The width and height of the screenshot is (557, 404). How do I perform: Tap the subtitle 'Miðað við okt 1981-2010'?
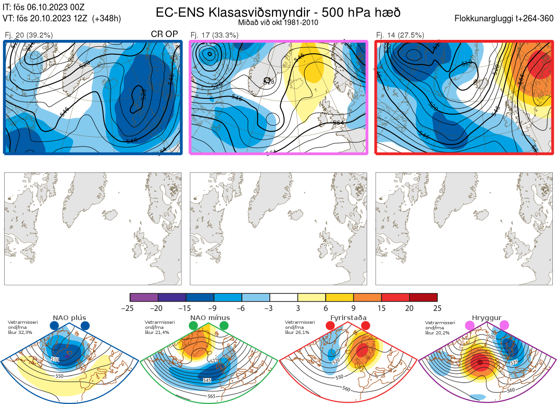tap(278, 23)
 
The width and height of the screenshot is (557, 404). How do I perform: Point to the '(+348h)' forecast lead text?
tap(107, 19)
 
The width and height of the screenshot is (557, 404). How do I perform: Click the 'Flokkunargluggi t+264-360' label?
tap(505, 19)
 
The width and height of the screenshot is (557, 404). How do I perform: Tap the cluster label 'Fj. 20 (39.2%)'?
tap(29, 35)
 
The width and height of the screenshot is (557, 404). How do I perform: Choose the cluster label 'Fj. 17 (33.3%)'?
tap(214, 35)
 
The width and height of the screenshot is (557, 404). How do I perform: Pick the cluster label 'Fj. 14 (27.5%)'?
tap(400, 35)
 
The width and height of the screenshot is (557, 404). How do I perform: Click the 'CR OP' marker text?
tap(165, 34)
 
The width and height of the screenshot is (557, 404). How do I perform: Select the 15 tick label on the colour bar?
tap(382, 308)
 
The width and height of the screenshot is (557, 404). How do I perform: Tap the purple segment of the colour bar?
tap(144, 297)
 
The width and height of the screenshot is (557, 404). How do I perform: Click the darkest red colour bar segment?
tap(423, 297)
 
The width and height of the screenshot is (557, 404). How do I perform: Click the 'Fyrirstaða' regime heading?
tap(348, 318)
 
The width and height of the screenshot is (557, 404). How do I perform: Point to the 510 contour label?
tap(55, 359)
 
